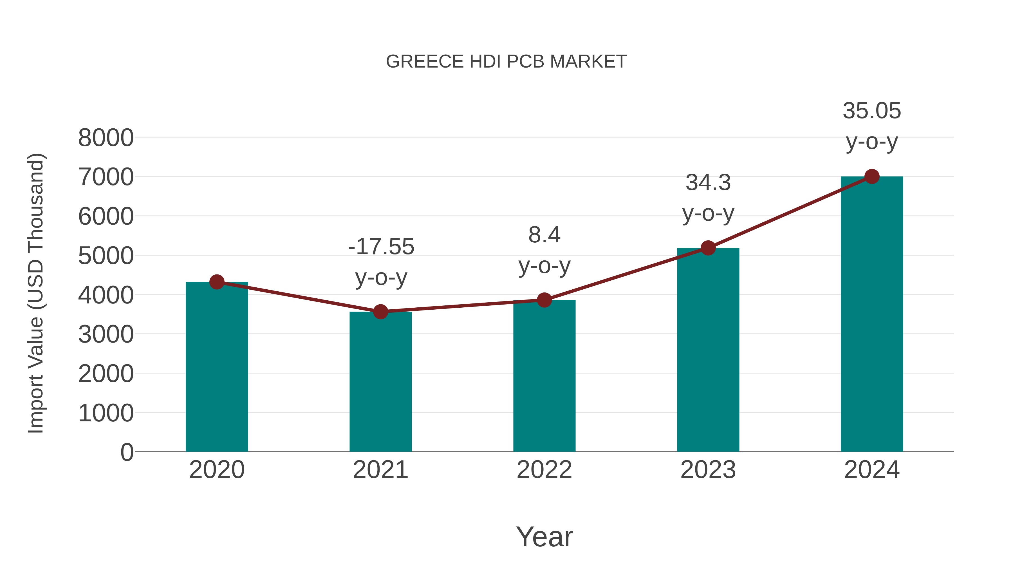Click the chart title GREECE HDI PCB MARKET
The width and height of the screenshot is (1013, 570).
506,62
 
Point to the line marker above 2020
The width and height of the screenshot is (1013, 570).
217,282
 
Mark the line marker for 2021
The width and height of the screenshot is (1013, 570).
380,312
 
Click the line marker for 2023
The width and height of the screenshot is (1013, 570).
708,248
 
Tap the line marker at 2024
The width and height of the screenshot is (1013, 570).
872,176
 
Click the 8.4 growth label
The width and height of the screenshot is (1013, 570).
544,235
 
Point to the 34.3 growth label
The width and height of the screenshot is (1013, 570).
708,183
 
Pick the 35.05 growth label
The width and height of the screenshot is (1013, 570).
872,111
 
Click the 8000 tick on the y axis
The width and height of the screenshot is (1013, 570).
106,138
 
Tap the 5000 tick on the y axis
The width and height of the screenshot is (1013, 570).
106,256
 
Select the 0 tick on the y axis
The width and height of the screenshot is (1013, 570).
127,452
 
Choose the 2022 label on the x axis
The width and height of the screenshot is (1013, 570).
544,470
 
